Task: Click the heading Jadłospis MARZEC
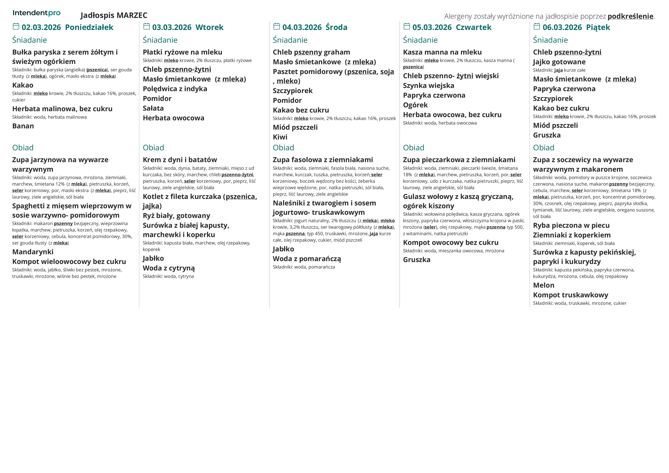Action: pyautogui.click(x=114, y=15)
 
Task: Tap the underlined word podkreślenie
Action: pyautogui.click(x=630, y=16)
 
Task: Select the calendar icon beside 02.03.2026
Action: pyautogui.click(x=16, y=27)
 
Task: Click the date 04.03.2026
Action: pyautogui.click(x=302, y=27)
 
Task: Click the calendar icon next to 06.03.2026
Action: pyautogui.click(x=537, y=27)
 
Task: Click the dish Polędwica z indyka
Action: pyautogui.click(x=175, y=89)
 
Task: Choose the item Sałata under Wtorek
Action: pyautogui.click(x=153, y=108)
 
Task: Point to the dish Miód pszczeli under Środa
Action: pyautogui.click(x=295, y=127)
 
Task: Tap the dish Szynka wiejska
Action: pyautogui.click(x=428, y=86)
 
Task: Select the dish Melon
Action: pyautogui.click(x=543, y=285)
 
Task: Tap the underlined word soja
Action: pyautogui.click(x=387, y=72)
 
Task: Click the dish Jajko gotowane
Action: pyautogui.click(x=559, y=62)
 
